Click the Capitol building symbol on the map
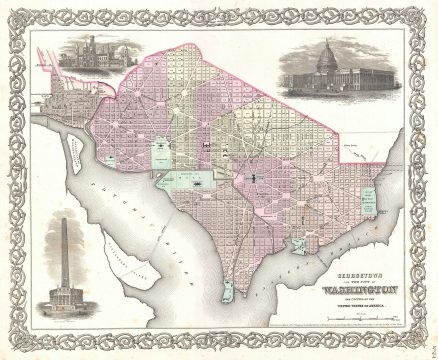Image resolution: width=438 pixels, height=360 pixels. (x=253, y=178)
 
